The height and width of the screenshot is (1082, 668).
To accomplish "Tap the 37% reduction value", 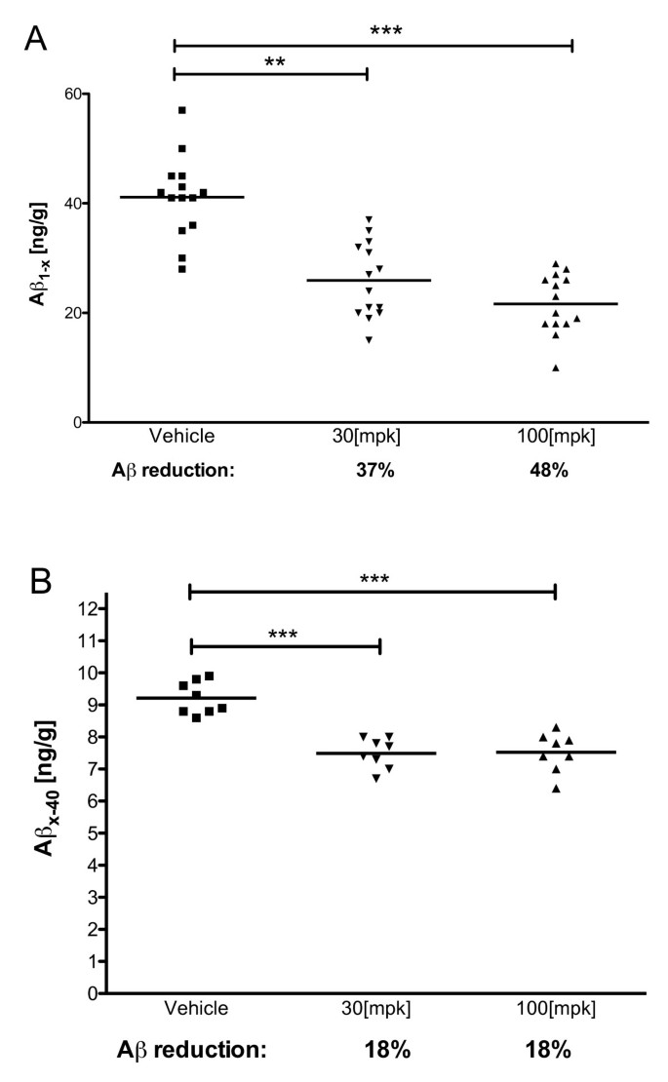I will tap(367, 468).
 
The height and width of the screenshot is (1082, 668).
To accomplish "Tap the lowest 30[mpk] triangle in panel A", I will tap(368, 340).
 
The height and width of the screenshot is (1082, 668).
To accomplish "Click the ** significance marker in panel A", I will tap(274, 60).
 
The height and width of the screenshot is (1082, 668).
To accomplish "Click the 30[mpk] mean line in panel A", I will tap(368, 281).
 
